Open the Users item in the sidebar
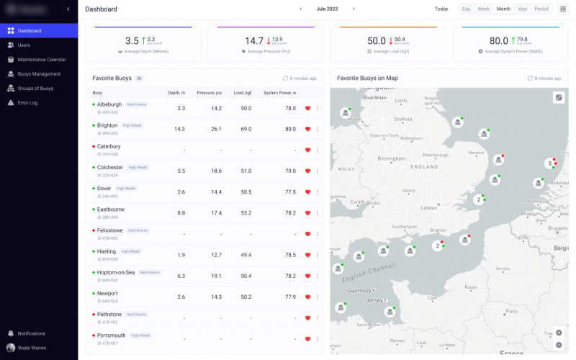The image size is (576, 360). [24, 45]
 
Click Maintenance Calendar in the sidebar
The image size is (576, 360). [41, 59]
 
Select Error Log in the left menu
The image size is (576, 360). [27, 102]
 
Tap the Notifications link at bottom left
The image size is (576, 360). [31, 333]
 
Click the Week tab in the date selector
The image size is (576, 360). [483, 9]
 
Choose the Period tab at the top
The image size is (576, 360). [541, 9]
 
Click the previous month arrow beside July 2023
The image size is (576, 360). [301, 9]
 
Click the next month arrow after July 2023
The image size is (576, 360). [354, 9]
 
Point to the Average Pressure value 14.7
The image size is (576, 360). [254, 41]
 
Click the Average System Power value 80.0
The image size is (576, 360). [499, 41]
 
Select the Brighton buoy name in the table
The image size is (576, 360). [107, 125]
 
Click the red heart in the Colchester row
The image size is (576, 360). [307, 171]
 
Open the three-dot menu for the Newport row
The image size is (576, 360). [317, 297]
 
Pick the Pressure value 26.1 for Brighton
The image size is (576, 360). [216, 129]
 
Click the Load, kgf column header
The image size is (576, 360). [243, 93]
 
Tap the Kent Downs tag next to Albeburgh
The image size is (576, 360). [136, 104]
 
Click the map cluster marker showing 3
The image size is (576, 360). [549, 163]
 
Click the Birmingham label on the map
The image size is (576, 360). [392, 158]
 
